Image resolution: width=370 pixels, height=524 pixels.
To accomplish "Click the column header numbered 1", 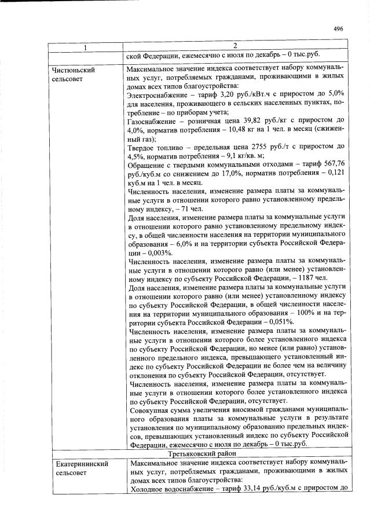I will pos(85,46).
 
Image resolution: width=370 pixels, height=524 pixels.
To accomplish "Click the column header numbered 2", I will pos(235,46).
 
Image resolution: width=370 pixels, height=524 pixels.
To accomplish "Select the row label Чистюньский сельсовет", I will pos(74,74).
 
